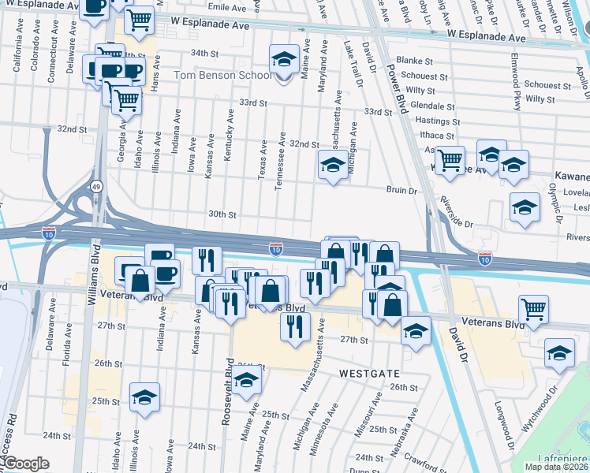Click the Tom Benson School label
[222, 75]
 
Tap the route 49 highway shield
[95, 186]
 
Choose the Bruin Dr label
[401, 190]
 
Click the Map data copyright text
[556, 467]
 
